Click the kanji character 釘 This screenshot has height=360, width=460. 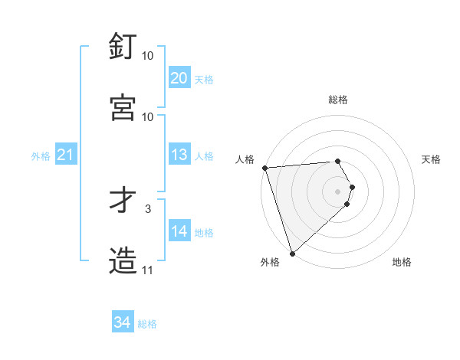pyautogui.click(x=123, y=47)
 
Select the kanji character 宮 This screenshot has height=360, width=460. pyautogui.click(x=123, y=107)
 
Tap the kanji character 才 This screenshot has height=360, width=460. pyautogui.click(x=123, y=200)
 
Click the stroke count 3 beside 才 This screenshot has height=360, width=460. pyautogui.click(x=148, y=208)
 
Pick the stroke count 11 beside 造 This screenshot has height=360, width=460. pyautogui.click(x=147, y=270)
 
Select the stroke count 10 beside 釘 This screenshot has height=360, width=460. pyautogui.click(x=147, y=56)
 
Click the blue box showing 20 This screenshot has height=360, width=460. pyautogui.click(x=179, y=77)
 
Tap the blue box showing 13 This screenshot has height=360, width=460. pyautogui.click(x=179, y=155)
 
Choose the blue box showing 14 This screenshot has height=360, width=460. pyautogui.click(x=179, y=231)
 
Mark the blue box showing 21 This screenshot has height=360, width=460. pyautogui.click(x=65, y=155)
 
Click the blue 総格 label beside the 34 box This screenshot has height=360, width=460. pyautogui.click(x=147, y=324)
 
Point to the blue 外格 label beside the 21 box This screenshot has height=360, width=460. pyautogui.click(x=41, y=156)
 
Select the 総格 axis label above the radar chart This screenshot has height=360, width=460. pyautogui.click(x=338, y=100)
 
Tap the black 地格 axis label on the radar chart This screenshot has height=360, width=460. pyautogui.click(x=402, y=263)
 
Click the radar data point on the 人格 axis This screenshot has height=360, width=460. pyautogui.click(x=264, y=169)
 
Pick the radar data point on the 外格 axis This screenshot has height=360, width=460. pyautogui.click(x=292, y=254)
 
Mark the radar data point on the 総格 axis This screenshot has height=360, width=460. pyautogui.click(x=337, y=161)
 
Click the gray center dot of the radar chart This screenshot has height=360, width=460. pyautogui.click(x=337, y=191)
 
